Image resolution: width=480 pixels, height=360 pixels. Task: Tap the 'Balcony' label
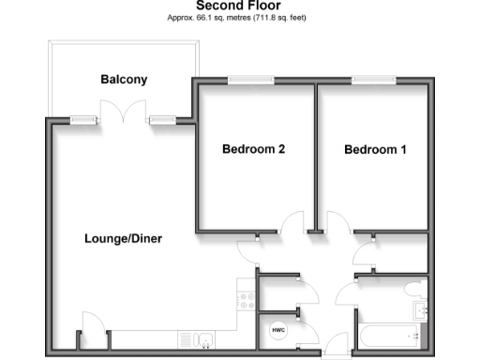pyautogui.click(x=124, y=80)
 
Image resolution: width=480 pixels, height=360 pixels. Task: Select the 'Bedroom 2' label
pyautogui.click(x=253, y=149)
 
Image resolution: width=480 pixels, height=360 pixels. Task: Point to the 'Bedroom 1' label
pyautogui.click(x=375, y=149)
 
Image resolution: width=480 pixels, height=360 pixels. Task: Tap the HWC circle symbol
pyautogui.click(x=279, y=329)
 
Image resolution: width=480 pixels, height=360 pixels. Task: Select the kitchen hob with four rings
pyautogui.click(x=247, y=301)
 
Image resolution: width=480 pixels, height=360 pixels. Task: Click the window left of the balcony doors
pyautogui.click(x=85, y=120)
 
